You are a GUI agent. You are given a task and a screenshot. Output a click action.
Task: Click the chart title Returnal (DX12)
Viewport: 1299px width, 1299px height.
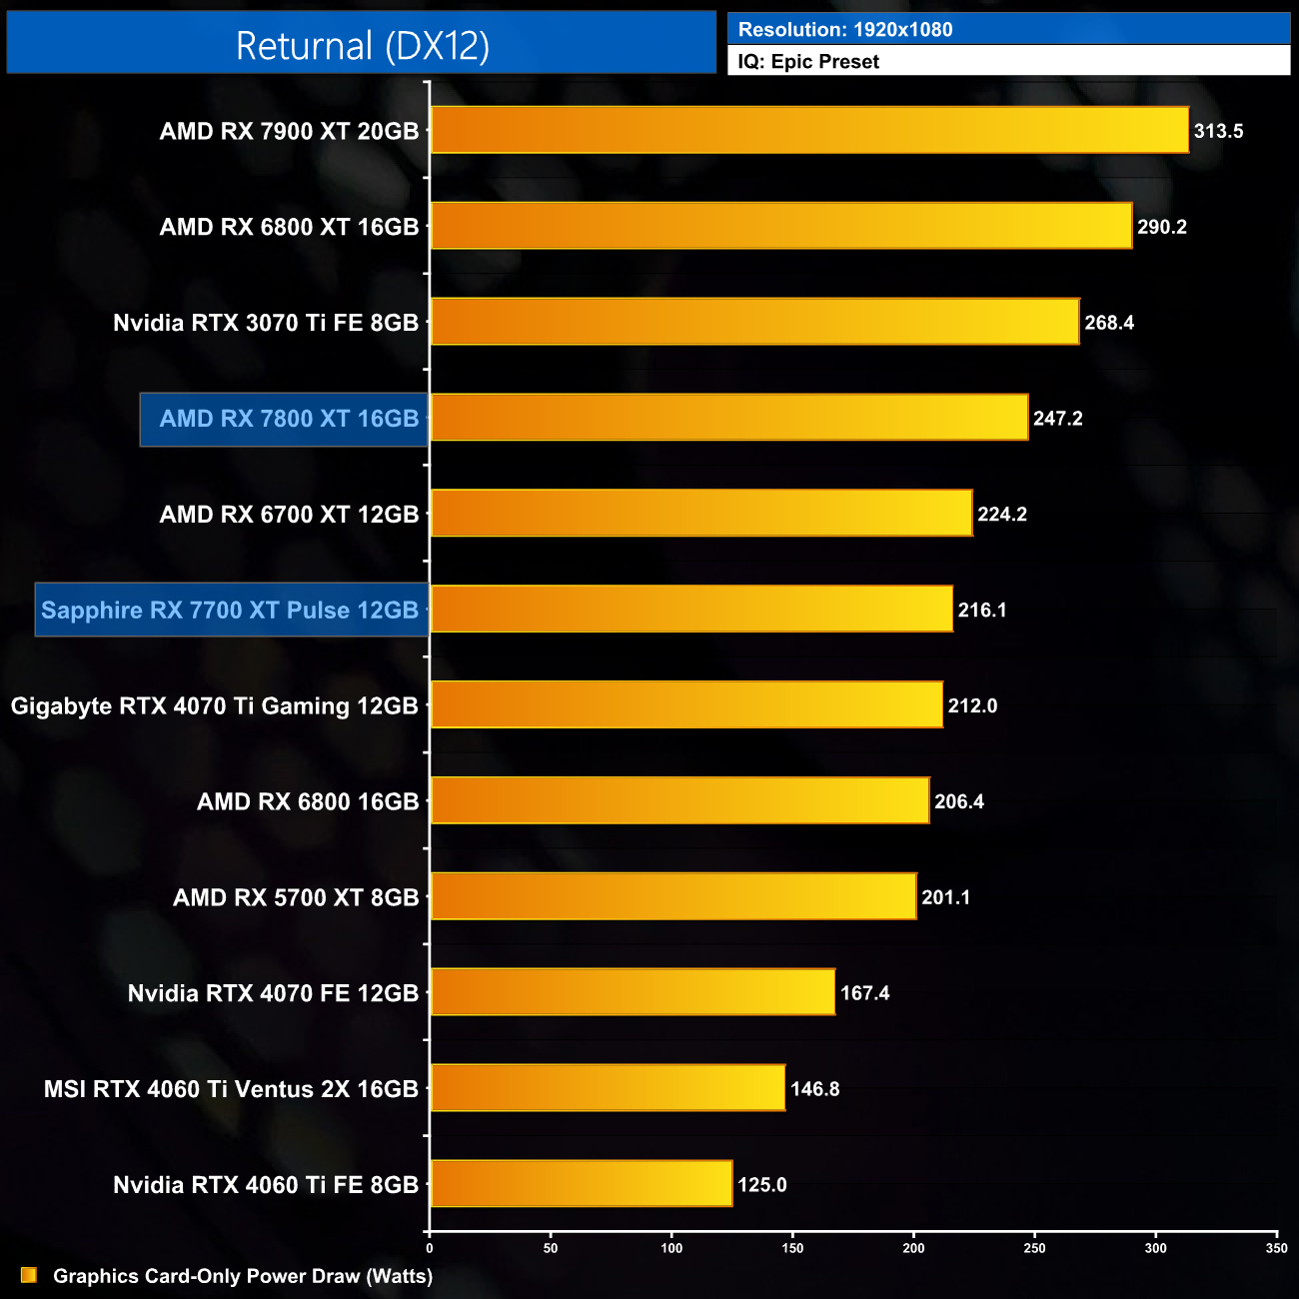362,46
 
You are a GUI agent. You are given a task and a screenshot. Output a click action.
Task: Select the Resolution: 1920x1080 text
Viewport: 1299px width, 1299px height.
845,29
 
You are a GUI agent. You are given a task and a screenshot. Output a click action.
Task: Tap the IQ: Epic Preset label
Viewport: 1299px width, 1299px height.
808,61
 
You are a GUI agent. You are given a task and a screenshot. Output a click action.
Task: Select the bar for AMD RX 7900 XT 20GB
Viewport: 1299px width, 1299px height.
809,130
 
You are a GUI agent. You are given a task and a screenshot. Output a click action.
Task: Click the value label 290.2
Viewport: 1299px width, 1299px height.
1162,227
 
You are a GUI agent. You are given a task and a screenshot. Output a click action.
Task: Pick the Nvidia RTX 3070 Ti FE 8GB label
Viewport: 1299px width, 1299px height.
266,323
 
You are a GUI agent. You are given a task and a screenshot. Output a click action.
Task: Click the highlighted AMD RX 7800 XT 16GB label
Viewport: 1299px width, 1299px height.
289,419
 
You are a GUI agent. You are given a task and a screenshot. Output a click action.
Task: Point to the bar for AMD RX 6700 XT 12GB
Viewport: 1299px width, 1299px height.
701,514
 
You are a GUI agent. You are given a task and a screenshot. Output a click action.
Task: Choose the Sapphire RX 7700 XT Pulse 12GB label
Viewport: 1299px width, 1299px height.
230,610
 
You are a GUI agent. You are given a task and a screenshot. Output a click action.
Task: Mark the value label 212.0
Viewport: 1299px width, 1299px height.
972,705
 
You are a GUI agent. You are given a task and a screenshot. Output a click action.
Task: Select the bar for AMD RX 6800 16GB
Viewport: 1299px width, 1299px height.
679,800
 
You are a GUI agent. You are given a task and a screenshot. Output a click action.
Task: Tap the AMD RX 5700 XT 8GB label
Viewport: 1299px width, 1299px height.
296,897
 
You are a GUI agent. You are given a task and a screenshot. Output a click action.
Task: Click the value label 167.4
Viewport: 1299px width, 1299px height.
864,993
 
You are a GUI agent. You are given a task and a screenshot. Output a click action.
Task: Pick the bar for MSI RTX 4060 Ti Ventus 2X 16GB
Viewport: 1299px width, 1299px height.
608,1088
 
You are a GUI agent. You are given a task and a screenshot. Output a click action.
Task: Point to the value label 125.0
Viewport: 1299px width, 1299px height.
762,1185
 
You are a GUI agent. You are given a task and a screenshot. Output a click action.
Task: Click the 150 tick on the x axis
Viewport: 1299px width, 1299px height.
792,1248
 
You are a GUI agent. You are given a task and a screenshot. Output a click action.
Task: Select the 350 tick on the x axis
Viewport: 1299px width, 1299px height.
1276,1248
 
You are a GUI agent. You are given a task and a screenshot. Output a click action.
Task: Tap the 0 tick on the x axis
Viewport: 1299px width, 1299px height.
430,1248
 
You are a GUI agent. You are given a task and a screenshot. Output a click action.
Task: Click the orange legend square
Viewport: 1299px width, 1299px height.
29,1275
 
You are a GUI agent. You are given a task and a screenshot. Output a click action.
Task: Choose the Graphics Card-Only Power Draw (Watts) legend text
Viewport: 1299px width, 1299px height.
243,1276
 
